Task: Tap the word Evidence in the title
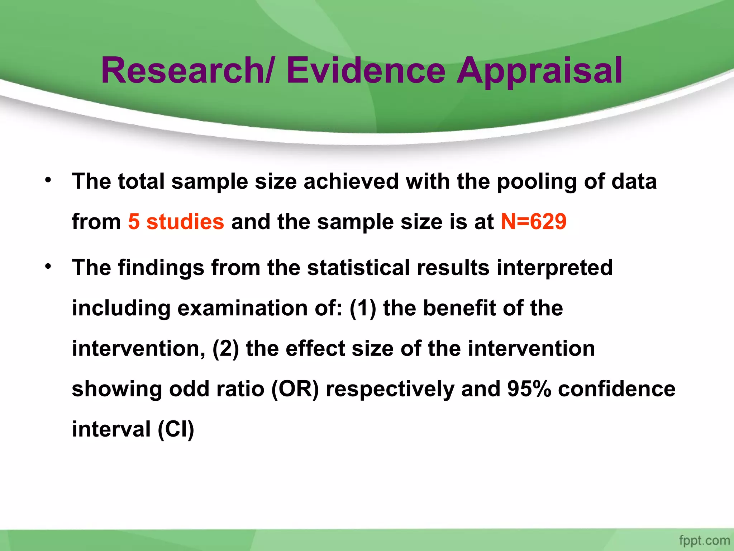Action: click(x=366, y=71)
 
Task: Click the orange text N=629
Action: click(x=533, y=221)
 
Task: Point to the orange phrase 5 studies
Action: click(x=176, y=221)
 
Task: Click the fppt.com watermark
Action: click(x=704, y=540)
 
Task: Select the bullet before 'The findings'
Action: click(x=48, y=266)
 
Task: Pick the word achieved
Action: click(x=351, y=181)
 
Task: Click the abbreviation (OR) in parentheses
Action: click(x=295, y=389)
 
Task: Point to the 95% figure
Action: click(x=529, y=389)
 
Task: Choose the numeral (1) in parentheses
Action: click(x=363, y=309)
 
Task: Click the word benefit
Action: click(x=459, y=308)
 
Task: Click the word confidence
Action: click(x=616, y=389)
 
